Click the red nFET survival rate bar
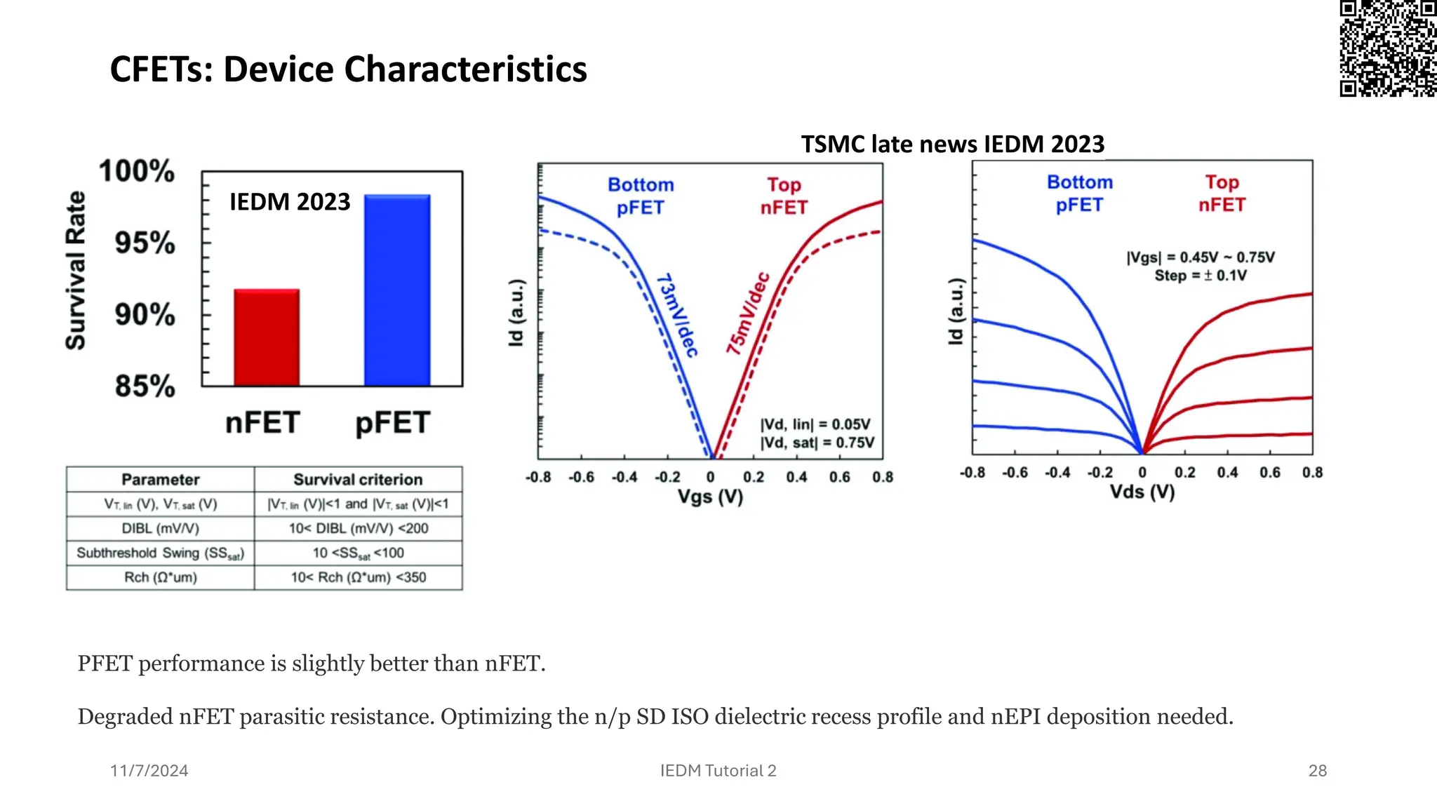[x=267, y=337]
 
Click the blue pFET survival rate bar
[x=397, y=290]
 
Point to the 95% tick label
[x=145, y=243]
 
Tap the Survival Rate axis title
[x=76, y=271]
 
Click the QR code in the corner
[x=1387, y=48]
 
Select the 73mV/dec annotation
[x=677, y=315]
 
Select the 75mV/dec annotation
[x=748, y=313]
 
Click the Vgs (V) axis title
[x=710, y=497]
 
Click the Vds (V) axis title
[x=1142, y=492]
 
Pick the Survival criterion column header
[x=358, y=480]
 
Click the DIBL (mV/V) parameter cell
[x=160, y=529]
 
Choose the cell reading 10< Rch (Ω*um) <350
[x=358, y=577]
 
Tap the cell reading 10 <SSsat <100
[x=358, y=553]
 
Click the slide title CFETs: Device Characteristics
[x=348, y=69]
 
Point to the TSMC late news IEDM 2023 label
[x=952, y=144]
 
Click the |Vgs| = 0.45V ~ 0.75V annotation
[x=1201, y=257]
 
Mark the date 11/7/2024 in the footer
[x=149, y=771]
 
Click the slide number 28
[x=1317, y=771]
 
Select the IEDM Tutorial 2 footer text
[x=718, y=771]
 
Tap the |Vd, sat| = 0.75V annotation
[x=817, y=443]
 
